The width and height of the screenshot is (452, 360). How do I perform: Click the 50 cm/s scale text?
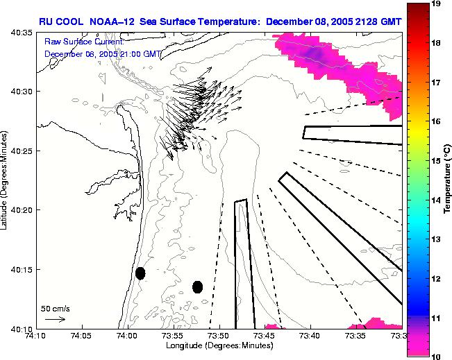click(55, 308)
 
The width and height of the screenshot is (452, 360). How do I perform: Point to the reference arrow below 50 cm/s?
click(54, 319)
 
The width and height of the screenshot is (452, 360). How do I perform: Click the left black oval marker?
click(140, 273)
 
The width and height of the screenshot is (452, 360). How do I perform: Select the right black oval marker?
click(197, 286)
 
